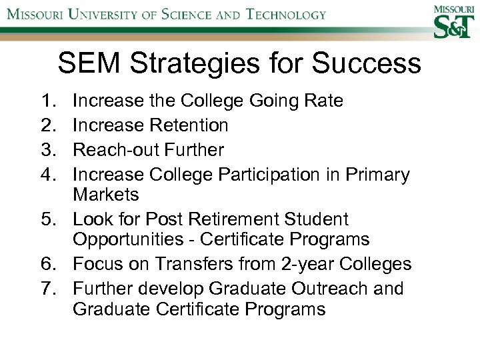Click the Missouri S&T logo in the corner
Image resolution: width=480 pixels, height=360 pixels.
click(453, 21)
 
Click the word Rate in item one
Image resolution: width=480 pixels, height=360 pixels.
click(323, 101)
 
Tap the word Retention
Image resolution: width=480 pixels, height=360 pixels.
click(189, 125)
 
